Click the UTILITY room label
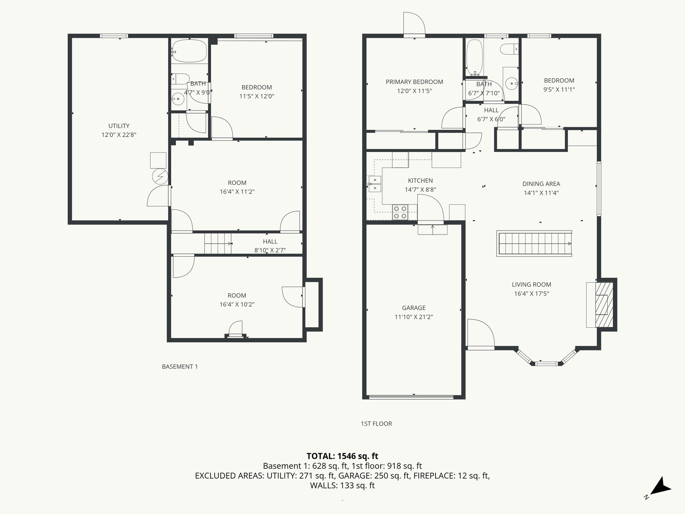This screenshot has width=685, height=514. point(119,126)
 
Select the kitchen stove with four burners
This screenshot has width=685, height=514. point(400,212)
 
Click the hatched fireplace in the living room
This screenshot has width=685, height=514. point(604,305)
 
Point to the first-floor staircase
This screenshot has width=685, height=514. point(534,244)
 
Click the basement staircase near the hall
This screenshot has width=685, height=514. point(217,244)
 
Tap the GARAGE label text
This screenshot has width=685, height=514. point(414,308)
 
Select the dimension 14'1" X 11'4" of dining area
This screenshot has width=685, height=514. point(541,193)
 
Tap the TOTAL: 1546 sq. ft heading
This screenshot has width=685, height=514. point(342,456)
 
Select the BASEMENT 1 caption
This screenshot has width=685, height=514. point(180,367)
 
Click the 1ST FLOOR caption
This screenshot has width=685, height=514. point(376,424)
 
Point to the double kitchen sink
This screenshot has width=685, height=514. point(375,184)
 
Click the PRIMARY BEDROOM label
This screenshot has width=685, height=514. point(414,82)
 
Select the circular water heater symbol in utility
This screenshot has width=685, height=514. point(160,176)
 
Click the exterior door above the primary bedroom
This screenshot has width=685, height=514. point(414,23)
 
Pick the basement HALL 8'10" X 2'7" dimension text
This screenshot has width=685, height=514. point(270,250)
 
